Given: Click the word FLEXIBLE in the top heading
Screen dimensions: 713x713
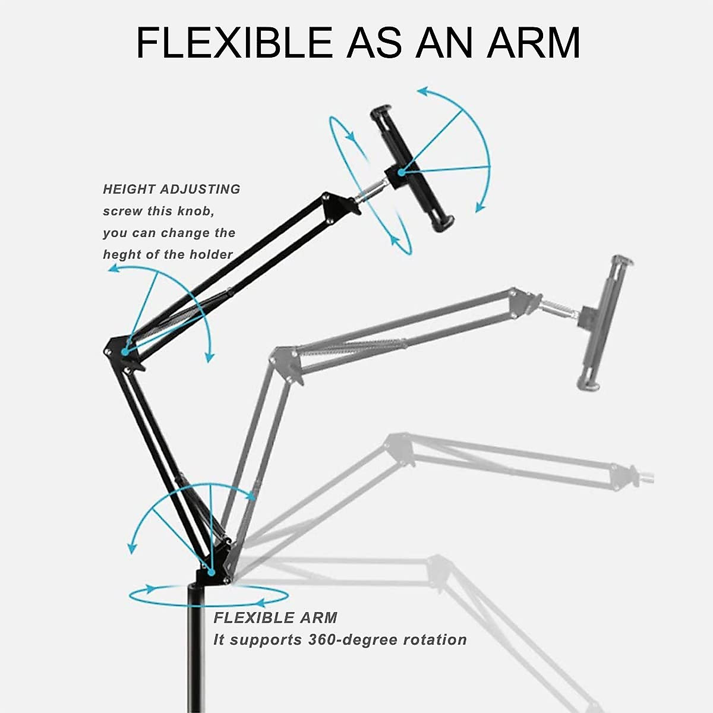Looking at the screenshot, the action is tap(233, 42).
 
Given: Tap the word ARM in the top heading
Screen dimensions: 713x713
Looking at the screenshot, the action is tap(533, 42).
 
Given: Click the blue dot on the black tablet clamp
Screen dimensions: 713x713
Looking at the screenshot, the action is tap(402, 172).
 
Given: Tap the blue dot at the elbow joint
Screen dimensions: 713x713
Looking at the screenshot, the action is tap(125, 352).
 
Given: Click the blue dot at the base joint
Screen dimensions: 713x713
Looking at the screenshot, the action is tap(211, 571).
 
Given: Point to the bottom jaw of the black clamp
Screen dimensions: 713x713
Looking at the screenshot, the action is tap(443, 223).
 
